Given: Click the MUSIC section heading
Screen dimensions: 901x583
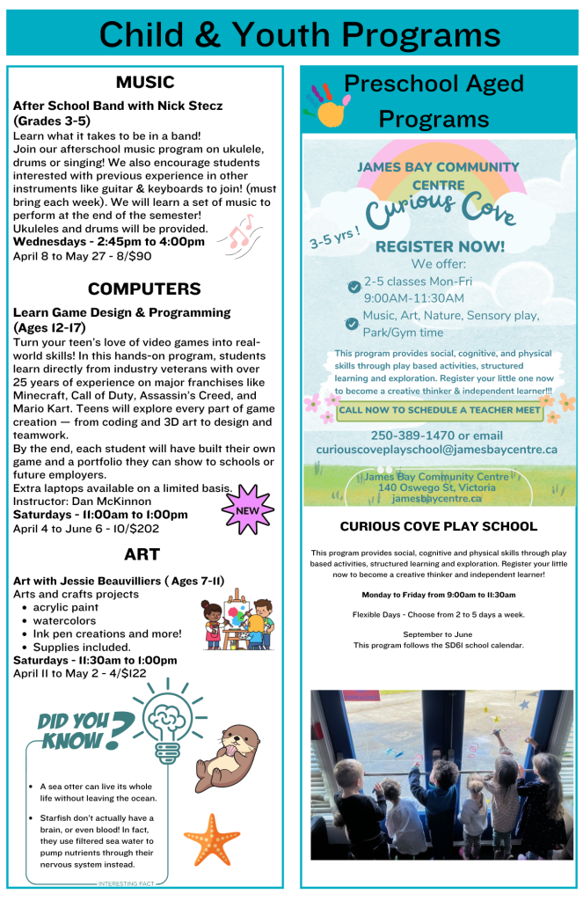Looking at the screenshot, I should click(x=144, y=82).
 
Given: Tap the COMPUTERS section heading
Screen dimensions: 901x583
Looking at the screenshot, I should click(x=144, y=289).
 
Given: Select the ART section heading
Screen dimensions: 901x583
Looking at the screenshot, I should click(x=144, y=553).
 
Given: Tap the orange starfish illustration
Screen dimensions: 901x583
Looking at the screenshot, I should click(x=211, y=839).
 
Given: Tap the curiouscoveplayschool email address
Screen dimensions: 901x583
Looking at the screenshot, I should click(x=437, y=450).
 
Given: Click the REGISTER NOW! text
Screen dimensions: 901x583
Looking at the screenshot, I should click(x=440, y=246).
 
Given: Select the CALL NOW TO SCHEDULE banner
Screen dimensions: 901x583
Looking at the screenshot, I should click(x=440, y=410).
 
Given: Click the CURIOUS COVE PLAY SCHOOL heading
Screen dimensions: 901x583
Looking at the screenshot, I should click(x=438, y=526).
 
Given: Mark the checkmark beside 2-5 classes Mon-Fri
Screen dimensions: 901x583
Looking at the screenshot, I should click(x=353, y=287).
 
